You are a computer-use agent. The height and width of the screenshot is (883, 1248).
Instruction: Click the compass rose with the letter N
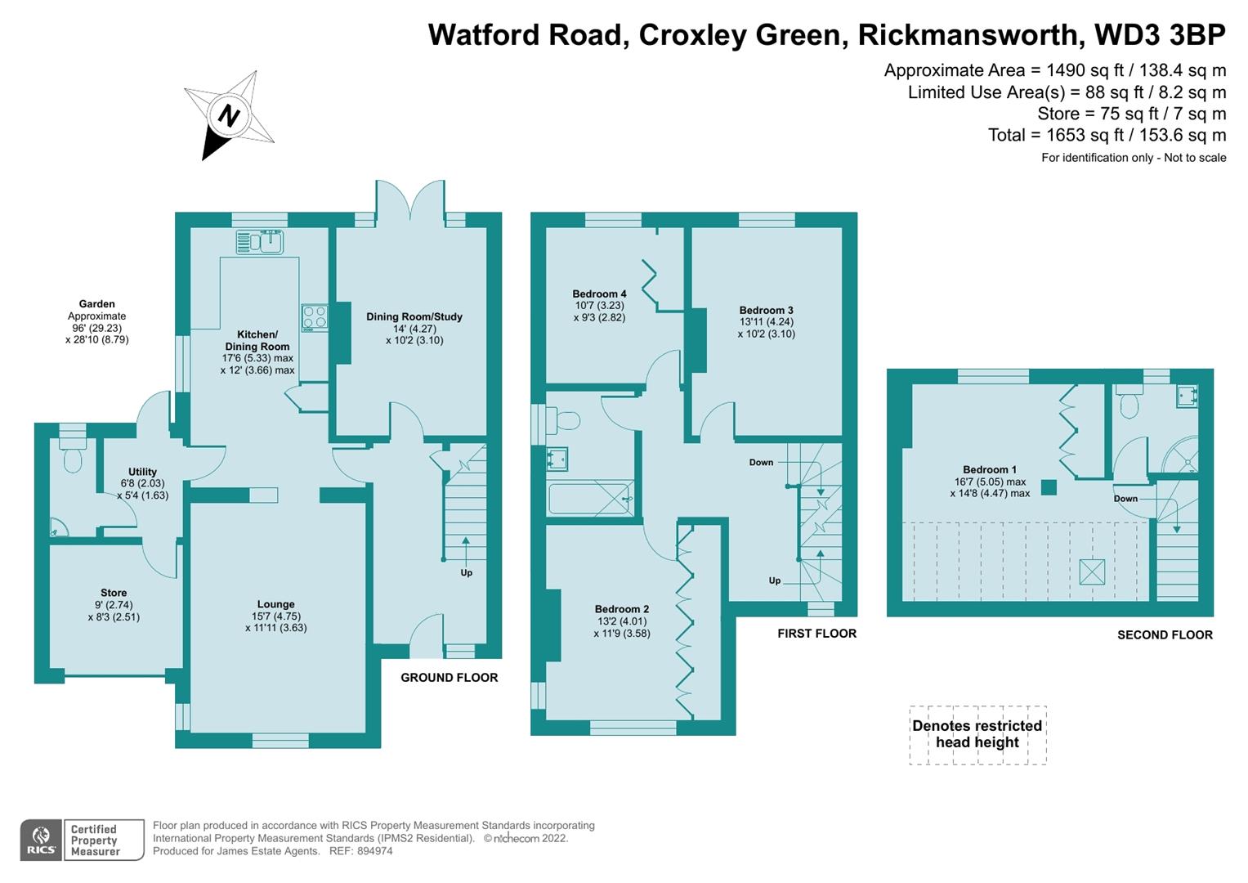click(229, 115)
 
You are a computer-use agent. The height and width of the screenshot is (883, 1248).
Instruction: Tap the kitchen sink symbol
click(259, 242)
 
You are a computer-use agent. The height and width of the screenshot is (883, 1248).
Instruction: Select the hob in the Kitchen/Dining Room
click(315, 317)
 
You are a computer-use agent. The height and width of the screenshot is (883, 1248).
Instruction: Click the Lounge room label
click(275, 605)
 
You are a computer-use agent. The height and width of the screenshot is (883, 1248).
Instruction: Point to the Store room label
click(114, 593)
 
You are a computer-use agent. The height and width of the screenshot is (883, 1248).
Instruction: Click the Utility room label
click(142, 472)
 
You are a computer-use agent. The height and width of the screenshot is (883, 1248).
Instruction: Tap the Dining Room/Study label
click(414, 316)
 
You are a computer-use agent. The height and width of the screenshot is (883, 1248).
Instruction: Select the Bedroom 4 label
click(599, 294)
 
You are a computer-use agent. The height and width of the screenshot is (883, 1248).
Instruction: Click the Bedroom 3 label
click(766, 310)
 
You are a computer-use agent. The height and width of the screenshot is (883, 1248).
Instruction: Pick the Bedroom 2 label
click(621, 609)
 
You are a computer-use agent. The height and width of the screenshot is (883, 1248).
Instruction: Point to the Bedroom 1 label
click(989, 469)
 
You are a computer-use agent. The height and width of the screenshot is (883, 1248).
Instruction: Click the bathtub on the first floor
click(590, 498)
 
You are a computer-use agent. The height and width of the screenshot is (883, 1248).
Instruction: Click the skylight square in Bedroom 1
click(1091, 571)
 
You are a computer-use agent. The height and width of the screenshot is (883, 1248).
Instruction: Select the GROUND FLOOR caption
click(449, 677)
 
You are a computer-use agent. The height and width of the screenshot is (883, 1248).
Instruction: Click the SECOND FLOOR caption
click(1165, 634)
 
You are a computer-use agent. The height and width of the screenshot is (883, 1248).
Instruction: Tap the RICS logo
click(41, 840)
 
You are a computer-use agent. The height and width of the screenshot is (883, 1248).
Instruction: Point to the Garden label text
click(96, 303)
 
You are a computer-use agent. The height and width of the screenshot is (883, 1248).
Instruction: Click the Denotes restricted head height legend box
click(977, 734)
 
